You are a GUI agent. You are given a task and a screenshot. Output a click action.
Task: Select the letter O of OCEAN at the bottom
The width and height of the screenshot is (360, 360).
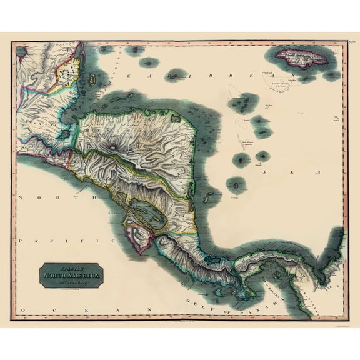click(x=23, y=309)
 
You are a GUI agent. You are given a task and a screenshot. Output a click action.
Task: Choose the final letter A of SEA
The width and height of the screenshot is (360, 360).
click(x=317, y=171)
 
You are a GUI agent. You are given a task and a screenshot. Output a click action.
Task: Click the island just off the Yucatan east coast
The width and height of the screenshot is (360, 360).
click(x=92, y=79)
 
